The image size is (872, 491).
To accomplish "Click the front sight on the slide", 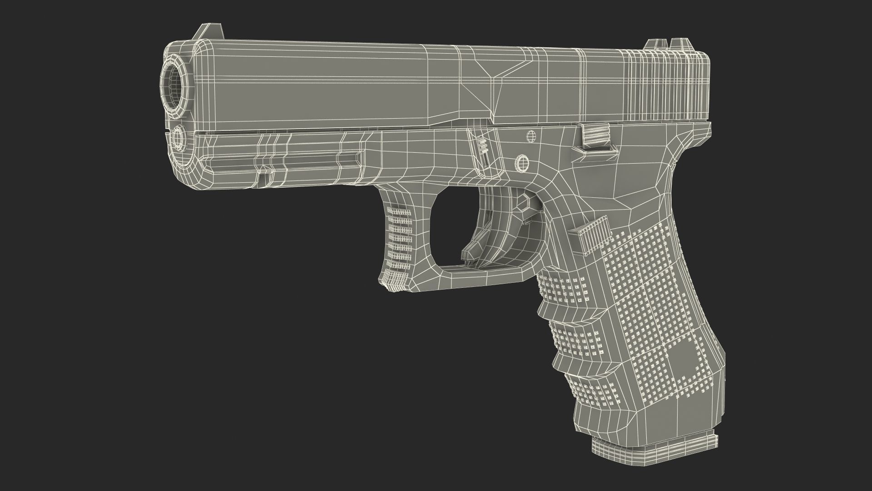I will [x=201, y=33].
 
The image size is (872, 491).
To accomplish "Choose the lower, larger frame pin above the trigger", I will [x=522, y=163].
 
